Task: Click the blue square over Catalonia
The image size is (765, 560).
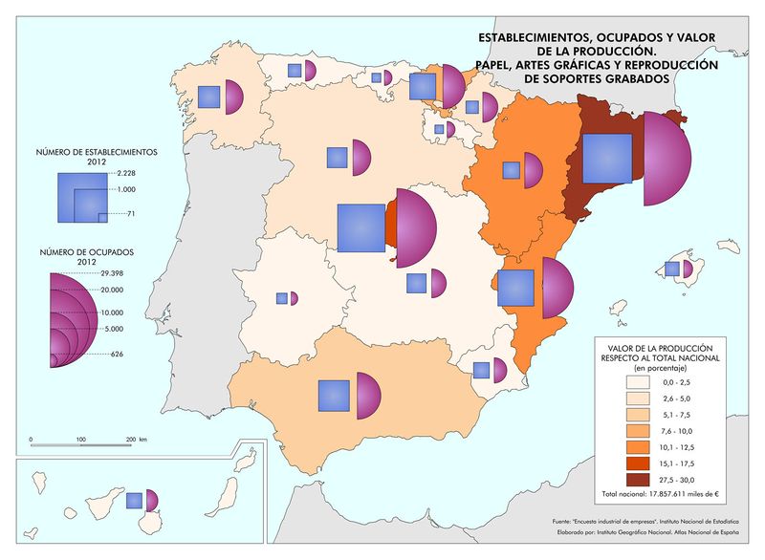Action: tap(606, 158)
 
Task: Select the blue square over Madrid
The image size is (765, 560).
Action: tap(361, 228)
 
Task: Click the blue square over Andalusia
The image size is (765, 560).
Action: tap(334, 396)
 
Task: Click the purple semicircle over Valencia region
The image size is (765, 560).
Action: tap(556, 288)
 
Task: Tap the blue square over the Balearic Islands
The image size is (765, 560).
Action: tap(672, 269)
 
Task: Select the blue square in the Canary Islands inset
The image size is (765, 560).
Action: tap(135, 500)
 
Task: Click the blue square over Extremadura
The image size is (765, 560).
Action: tap(281, 298)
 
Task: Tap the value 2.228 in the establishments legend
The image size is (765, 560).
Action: tap(127, 173)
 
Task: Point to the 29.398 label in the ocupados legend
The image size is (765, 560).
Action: tap(113, 273)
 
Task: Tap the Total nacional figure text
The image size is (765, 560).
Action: tap(661, 494)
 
